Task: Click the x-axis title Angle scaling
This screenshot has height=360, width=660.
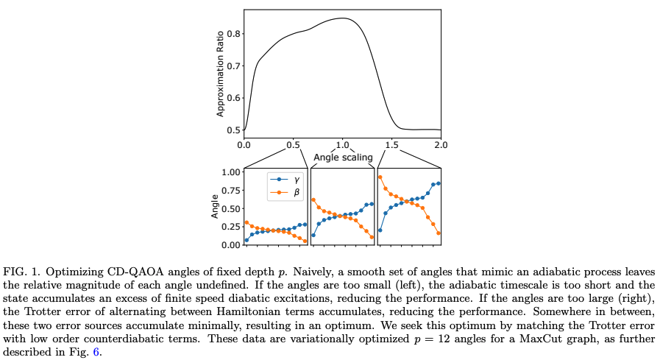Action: point(343,158)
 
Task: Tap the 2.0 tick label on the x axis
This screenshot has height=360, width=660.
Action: point(440,144)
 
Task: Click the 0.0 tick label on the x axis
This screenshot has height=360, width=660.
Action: point(244,144)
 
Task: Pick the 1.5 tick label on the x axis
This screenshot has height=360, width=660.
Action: point(391,144)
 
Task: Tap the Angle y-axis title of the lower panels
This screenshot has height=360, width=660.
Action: point(214,208)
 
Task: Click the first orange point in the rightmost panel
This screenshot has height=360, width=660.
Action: point(380,177)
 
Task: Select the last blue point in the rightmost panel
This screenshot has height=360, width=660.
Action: point(439,183)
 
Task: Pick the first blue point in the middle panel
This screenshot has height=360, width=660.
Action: point(314,236)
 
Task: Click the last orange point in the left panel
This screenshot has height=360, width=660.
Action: point(305,241)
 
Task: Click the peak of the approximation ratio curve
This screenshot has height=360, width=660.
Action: point(342,18)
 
